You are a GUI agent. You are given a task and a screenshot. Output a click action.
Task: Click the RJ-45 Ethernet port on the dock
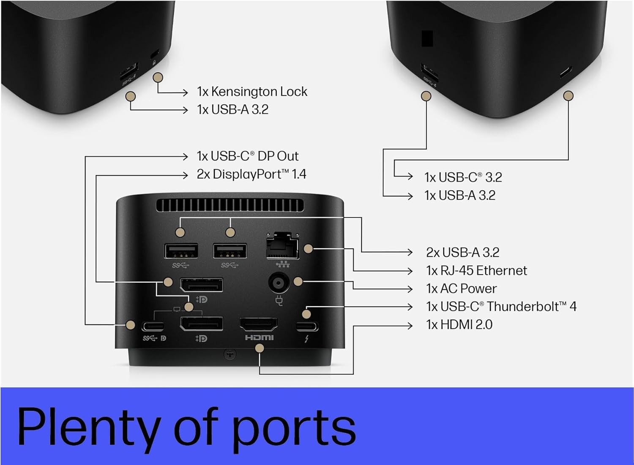pos(282,246)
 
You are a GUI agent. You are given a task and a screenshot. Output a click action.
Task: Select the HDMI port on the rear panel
pos(259,324)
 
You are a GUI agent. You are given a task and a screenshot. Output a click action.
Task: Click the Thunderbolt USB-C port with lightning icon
pos(307,326)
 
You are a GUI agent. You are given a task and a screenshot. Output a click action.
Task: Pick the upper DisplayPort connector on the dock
pos(202,286)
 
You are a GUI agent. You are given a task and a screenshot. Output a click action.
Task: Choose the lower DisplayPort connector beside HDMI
pos(202,324)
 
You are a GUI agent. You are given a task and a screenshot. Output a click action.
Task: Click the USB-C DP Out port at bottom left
pos(153,326)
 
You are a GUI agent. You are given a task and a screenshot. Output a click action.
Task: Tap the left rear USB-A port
pos(181,251)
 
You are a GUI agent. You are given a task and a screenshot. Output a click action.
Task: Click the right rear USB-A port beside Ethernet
pos(230,251)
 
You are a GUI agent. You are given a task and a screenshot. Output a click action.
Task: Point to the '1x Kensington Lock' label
pos(252,92)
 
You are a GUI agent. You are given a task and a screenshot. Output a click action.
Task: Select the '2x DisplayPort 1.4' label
pos(251,174)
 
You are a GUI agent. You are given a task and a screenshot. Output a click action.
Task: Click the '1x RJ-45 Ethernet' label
pos(476,270)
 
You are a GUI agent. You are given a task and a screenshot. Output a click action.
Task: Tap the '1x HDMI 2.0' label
pos(459,324)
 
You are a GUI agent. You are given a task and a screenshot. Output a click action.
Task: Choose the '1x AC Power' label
pos(461,288)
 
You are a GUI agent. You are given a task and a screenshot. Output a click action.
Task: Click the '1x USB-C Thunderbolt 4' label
pos(501,306)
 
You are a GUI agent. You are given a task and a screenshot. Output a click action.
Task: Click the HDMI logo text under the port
pos(259,337)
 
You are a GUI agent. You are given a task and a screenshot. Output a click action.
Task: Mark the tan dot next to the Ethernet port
pos(308,249)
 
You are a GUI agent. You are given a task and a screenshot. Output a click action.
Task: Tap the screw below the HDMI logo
pos(230,354)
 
